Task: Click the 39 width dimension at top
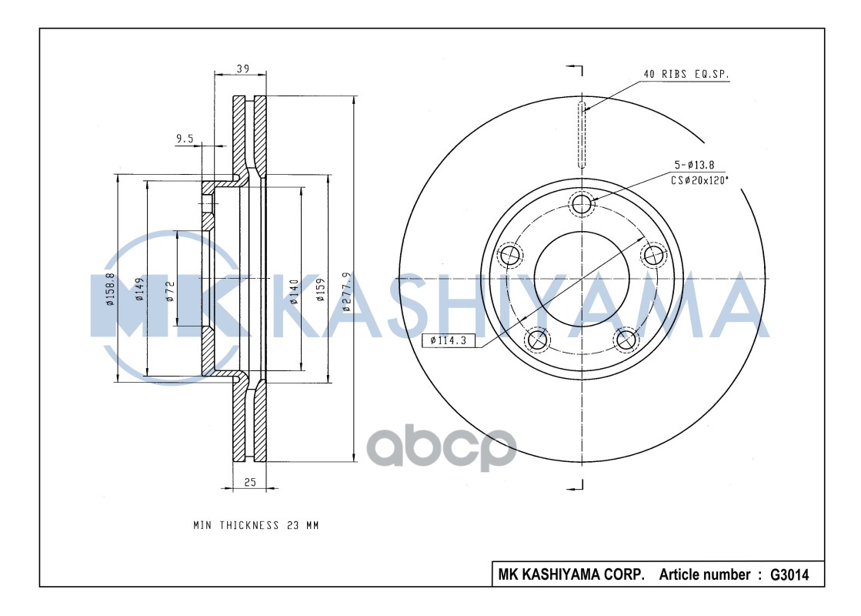[x=242, y=69]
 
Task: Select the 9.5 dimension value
[x=185, y=139]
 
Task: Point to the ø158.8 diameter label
[x=111, y=290]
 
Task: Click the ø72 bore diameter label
[x=171, y=290]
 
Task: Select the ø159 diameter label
[x=321, y=290]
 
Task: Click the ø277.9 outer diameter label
[x=347, y=291]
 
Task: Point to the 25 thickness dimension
[x=249, y=482]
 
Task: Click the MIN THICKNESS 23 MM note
[x=255, y=525]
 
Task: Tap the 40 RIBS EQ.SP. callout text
[x=686, y=75]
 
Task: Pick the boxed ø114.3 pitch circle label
[x=449, y=340]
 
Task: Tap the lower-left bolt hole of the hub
[x=536, y=339]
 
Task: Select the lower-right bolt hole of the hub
[x=626, y=339]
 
